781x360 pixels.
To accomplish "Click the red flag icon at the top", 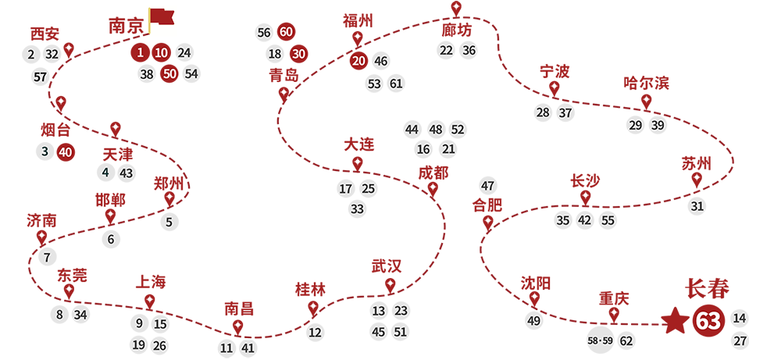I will tap(162, 17).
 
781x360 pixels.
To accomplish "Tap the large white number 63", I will tap(708, 322).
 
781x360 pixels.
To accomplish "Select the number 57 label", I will tap(41, 77).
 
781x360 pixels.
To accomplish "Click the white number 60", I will tap(286, 32).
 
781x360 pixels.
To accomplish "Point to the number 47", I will tap(488, 186).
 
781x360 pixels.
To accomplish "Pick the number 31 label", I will tap(697, 206).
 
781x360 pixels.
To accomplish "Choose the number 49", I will tap(534, 321).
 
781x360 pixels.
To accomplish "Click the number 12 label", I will tap(316, 333).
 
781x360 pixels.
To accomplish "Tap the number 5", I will tap(169, 222).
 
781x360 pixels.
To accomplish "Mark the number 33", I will tap(357, 209).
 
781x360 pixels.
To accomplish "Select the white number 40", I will tap(66, 152).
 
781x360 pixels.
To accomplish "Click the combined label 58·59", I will tap(602, 341).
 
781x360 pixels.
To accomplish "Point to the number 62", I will tap(626, 340).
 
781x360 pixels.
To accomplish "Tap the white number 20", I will tap(359, 61).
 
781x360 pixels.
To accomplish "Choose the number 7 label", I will tap(47, 258).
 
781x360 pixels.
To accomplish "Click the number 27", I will tap(740, 340).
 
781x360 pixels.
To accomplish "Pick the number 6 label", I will tap(111, 240).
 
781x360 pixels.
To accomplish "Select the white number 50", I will tap(170, 74).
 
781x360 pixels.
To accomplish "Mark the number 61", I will tap(396, 84).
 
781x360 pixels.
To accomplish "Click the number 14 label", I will tap(740, 318).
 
